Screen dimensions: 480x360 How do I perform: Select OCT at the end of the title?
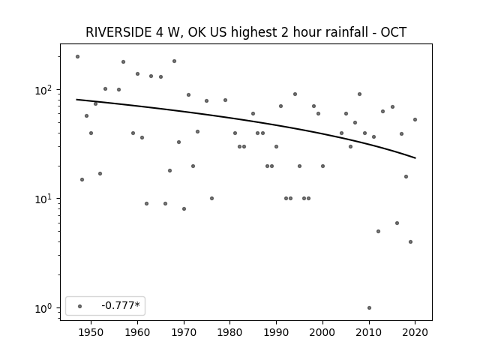(x=393, y=32)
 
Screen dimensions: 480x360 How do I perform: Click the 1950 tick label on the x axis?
(x=91, y=332)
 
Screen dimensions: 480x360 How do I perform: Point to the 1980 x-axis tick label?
(x=230, y=332)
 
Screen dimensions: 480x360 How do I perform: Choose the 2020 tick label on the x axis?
(x=415, y=332)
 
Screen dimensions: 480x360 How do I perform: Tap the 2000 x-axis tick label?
(x=322, y=332)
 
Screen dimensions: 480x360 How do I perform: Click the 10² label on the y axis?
(x=45, y=90)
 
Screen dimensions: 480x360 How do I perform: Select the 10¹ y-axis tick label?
(x=45, y=199)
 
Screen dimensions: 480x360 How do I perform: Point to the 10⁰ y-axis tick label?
(x=45, y=308)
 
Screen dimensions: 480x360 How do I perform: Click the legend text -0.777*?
(x=121, y=305)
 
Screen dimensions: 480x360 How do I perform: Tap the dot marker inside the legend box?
(x=80, y=306)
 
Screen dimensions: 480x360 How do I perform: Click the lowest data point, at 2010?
(x=369, y=307)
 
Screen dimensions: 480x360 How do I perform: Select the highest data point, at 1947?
(x=77, y=57)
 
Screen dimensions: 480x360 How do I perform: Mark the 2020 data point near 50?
(x=415, y=120)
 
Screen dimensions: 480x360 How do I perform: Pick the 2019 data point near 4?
(x=410, y=241)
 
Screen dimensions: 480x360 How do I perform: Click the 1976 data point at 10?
(x=211, y=198)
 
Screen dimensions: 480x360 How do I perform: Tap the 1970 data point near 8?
(x=184, y=208)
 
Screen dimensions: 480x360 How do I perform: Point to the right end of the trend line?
(x=415, y=158)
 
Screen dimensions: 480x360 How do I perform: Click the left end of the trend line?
(x=76, y=100)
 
